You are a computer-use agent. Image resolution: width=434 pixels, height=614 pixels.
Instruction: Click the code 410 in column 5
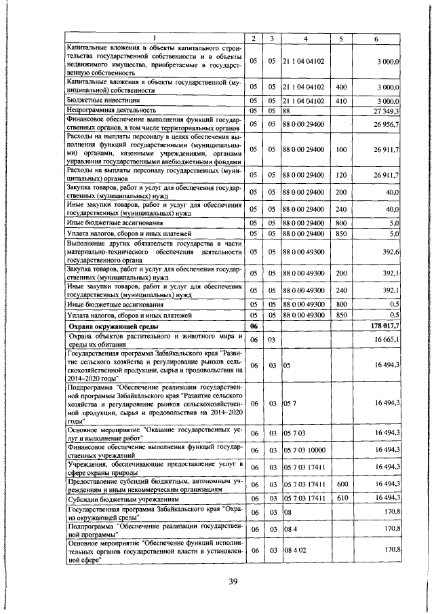(x=341, y=100)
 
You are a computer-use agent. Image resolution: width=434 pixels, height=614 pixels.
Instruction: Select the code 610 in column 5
(x=341, y=497)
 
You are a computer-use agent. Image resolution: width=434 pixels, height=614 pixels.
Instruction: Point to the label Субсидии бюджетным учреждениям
(x=121, y=497)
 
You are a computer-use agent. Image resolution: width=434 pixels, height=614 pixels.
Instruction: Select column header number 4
(x=306, y=38)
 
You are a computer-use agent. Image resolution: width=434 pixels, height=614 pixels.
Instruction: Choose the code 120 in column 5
(x=341, y=175)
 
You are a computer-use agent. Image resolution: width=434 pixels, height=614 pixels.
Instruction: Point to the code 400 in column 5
(x=341, y=87)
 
